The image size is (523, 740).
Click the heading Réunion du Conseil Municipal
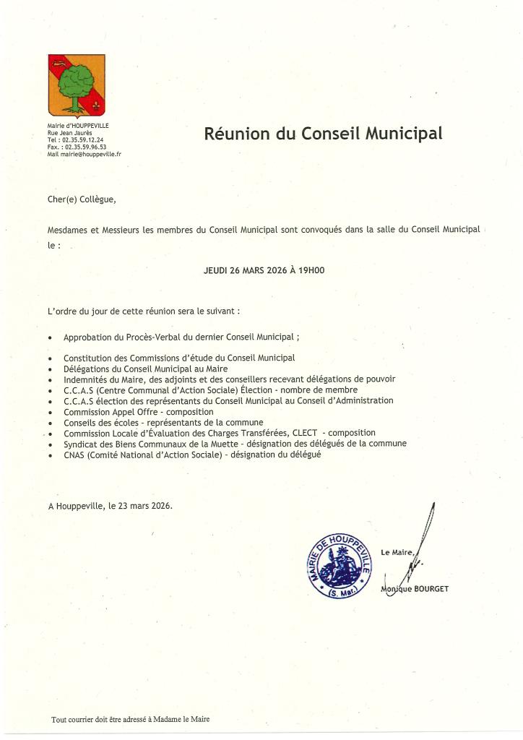323,134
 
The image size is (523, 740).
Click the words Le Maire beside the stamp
398,553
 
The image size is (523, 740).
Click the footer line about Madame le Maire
131,719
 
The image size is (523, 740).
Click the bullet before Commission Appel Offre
49,412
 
